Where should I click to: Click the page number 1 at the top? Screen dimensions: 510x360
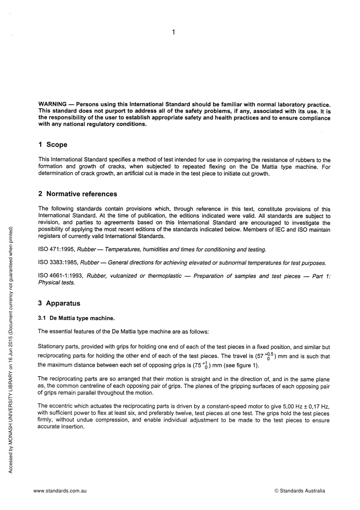tap(173, 33)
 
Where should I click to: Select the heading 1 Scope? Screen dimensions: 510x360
tap(53, 144)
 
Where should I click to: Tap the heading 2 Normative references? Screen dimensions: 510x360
tap(78, 194)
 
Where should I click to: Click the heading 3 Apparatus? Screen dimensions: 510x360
tap(59, 303)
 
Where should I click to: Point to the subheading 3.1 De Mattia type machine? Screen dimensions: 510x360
tap(76, 318)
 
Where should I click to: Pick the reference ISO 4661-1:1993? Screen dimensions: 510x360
tap(61, 276)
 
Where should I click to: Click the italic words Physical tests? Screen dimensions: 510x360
tap(56, 282)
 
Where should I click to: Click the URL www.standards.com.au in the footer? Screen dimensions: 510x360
tap(60, 491)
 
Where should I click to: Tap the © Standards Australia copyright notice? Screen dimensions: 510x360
tap(299, 491)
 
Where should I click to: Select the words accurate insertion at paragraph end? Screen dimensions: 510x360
tap(61, 427)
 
